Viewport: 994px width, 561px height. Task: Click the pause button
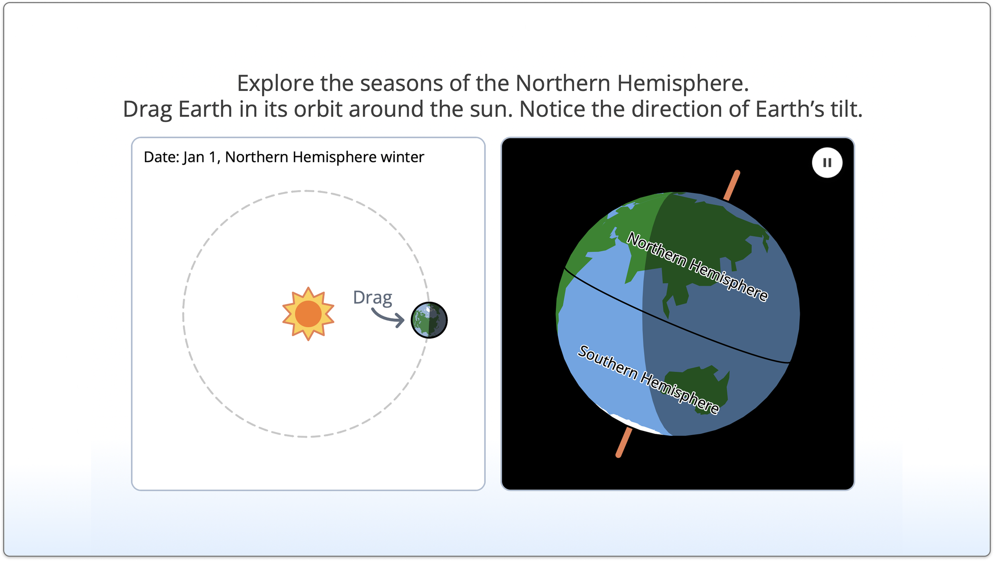tap(827, 162)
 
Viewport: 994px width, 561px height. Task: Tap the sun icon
tap(308, 314)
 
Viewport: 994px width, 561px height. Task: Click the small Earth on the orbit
tap(429, 320)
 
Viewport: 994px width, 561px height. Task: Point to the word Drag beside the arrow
tap(373, 298)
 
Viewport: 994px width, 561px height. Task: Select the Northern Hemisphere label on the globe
tap(697, 267)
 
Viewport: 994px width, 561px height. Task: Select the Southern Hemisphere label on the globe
tap(648, 379)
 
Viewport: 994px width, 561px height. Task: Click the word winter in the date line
tap(402, 157)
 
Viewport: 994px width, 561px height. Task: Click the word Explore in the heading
tap(276, 84)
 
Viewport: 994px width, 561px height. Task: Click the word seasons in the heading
tap(402, 84)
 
